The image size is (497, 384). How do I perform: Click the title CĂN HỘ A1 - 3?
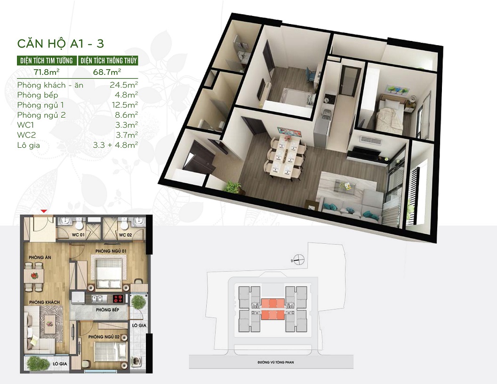point(61,43)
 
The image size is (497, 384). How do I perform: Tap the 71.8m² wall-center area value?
point(47,72)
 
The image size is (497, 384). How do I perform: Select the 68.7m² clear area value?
point(107,72)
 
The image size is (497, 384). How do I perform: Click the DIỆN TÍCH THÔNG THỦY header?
point(108,61)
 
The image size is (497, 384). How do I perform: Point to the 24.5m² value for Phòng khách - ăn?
point(124,85)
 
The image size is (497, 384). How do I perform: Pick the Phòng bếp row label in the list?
point(38,96)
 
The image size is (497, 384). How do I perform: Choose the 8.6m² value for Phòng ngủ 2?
point(126,115)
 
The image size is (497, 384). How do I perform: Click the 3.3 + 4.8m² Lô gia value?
point(115,145)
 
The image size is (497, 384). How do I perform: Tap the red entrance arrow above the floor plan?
point(45,211)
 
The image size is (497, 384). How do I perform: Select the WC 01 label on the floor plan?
point(78,235)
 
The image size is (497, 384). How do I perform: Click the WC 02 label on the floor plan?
point(125,235)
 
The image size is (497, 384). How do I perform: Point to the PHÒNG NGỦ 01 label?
point(111,251)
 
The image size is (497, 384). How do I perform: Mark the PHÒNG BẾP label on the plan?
point(107,310)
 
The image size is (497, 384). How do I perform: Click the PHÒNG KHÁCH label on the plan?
point(44,302)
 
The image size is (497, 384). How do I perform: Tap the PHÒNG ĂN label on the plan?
point(40,257)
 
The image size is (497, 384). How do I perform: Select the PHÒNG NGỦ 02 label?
point(104,337)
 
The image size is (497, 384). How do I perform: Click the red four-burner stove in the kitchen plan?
point(118,298)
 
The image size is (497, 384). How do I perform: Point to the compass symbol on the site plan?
point(298,260)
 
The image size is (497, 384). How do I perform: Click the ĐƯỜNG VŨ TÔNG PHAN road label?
point(276,362)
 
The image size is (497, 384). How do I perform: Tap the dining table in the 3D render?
point(286,156)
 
